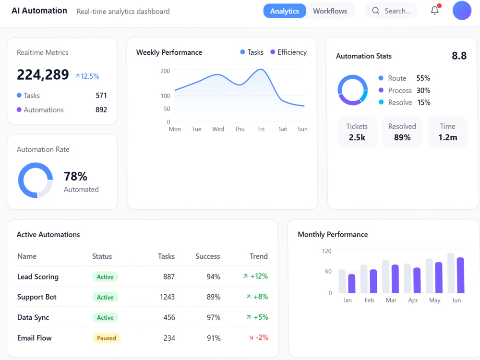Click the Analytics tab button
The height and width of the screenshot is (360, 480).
click(284, 11)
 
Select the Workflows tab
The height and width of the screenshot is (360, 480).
click(330, 11)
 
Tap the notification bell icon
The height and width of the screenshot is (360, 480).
click(435, 11)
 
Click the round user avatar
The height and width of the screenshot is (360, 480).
click(462, 11)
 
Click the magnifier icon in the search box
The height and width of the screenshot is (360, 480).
click(376, 11)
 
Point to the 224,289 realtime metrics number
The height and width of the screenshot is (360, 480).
click(43, 75)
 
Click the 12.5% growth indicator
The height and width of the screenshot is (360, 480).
click(87, 76)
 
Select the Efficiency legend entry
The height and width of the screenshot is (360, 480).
click(288, 52)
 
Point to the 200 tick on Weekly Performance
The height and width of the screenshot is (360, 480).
click(165, 71)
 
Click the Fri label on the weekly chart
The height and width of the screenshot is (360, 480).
click(261, 129)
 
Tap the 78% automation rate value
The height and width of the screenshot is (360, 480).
click(76, 176)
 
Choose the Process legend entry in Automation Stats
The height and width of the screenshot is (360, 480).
click(404, 90)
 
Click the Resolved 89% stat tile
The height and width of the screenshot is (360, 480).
click(402, 132)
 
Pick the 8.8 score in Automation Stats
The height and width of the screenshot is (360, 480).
click(459, 56)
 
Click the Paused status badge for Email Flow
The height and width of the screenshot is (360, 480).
click(107, 338)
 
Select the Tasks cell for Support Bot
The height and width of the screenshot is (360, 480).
click(167, 297)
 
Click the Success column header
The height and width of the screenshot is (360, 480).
click(207, 256)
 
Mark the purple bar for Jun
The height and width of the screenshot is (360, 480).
click(460, 275)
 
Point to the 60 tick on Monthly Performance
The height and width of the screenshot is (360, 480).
click(328, 271)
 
